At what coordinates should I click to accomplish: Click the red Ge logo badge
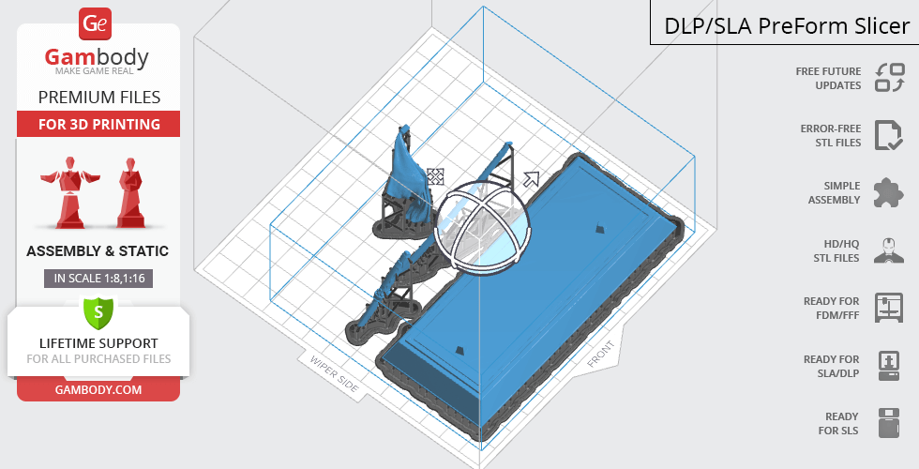click(95, 24)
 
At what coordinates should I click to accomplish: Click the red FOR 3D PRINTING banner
click(98, 124)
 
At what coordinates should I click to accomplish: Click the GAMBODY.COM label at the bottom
click(98, 390)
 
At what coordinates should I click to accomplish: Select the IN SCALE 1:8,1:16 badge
click(98, 279)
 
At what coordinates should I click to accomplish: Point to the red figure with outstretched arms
click(69, 191)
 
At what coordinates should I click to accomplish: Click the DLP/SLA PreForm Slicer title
click(787, 26)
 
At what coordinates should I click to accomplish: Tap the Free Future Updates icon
click(890, 77)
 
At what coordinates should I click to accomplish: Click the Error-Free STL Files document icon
click(888, 135)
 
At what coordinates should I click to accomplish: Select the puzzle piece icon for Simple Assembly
click(888, 193)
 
